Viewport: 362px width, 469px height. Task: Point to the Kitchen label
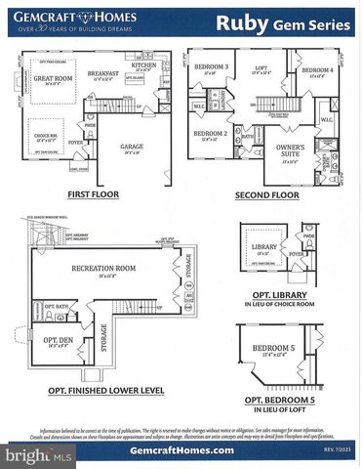pyautogui.click(x=142, y=65)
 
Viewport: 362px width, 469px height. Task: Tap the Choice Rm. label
pyautogui.click(x=45, y=136)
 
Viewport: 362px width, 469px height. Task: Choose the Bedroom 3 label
pyautogui.click(x=211, y=66)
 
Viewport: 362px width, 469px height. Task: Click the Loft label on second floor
pyautogui.click(x=261, y=68)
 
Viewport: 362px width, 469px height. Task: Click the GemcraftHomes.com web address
pyautogui.click(x=181, y=449)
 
